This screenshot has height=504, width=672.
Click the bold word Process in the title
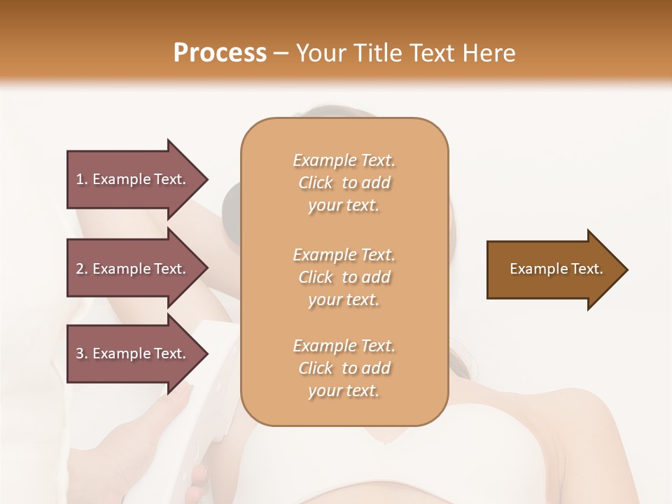click(220, 53)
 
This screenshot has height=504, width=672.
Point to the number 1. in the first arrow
click(82, 179)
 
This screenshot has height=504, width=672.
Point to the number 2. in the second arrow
click(82, 269)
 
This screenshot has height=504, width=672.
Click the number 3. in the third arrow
click(82, 353)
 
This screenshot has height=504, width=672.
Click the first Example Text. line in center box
click(344, 160)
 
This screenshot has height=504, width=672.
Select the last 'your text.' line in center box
click(344, 391)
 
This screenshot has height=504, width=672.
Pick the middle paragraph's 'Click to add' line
click(344, 277)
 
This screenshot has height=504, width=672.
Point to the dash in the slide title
click(281, 53)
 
